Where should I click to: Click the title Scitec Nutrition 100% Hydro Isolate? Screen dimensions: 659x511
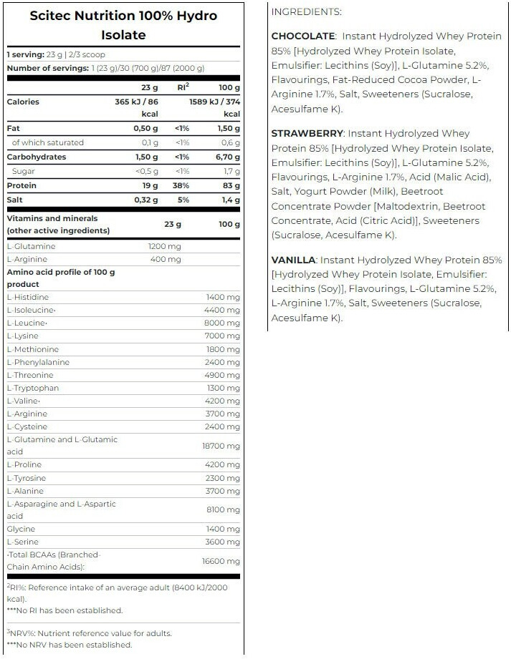coord(123,25)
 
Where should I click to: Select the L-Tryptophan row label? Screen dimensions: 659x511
coord(33,388)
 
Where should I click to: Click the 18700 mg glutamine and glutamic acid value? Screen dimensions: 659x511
coord(221,446)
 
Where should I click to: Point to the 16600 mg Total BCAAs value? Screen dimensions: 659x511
coord(221,562)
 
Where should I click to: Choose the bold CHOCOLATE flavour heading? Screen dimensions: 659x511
coord(303,36)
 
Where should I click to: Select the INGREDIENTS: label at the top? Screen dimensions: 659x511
coord(306,11)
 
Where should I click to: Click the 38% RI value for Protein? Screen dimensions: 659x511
coord(183,185)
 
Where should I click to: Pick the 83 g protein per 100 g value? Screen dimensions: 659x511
coord(231,185)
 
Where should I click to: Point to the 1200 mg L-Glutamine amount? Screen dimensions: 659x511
coord(165,246)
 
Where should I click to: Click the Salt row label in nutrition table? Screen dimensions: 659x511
coord(15,200)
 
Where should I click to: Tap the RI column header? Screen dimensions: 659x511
coord(183,87)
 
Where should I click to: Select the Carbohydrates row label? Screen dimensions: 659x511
coord(36,157)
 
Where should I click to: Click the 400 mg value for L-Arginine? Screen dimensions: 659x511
coord(167,259)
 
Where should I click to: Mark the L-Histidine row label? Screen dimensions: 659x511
coord(29,296)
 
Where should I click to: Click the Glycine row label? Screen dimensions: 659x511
coord(22,529)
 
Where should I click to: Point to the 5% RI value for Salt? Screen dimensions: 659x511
coord(183,200)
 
